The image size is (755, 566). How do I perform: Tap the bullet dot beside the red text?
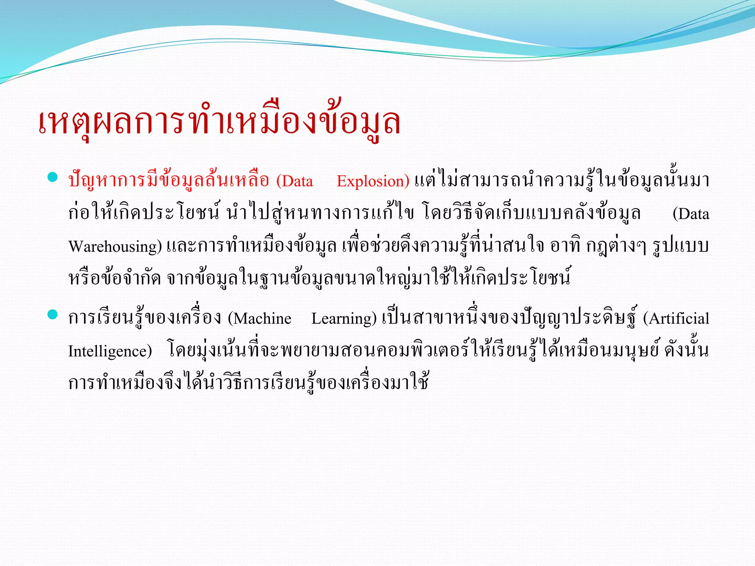pos(53,177)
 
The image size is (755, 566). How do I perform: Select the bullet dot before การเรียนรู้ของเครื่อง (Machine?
pos(53,314)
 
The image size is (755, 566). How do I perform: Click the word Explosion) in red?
pos(373,181)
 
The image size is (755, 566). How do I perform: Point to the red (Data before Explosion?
pos(295,181)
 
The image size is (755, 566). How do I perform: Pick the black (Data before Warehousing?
pos(690,214)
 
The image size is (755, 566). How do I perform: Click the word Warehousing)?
pos(115,246)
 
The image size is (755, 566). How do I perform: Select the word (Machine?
pos(260,318)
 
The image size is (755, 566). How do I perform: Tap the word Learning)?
pos(344,318)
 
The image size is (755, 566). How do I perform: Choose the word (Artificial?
pos(676,318)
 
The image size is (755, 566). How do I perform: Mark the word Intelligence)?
pos(110,351)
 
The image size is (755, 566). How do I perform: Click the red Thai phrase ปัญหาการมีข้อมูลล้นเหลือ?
pos(169,181)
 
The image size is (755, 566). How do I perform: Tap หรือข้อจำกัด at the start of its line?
pos(115,278)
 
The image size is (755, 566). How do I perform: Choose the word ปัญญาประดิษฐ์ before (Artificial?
pos(578,318)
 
